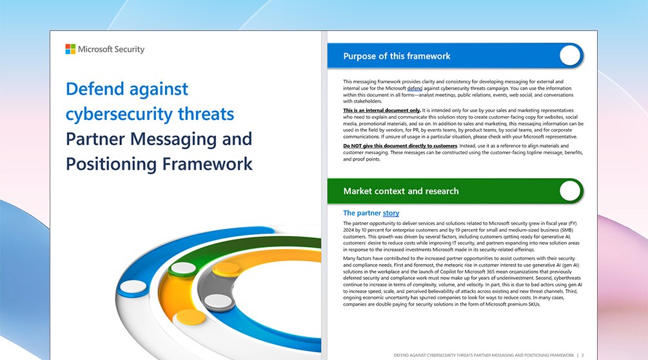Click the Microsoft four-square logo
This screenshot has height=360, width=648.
point(70,49)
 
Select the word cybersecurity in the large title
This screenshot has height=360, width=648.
point(119,114)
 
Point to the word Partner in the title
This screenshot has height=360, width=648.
point(95,139)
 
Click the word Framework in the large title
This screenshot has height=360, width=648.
point(207,164)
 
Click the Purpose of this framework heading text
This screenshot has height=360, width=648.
point(397,56)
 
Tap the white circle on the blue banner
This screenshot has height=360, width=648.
point(570,55)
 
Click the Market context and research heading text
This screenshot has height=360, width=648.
point(401,192)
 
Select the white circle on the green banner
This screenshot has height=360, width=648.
point(570,191)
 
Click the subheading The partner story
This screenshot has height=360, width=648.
point(371,213)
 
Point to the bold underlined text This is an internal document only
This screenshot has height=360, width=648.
point(382,110)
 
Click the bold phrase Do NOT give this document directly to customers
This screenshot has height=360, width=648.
point(400,146)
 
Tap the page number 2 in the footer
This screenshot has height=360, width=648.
point(583,355)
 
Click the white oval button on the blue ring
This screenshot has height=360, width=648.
point(133,286)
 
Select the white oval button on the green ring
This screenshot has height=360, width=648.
point(183,268)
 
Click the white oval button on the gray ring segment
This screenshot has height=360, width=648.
point(218,301)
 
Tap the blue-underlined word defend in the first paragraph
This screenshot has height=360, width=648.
point(415,88)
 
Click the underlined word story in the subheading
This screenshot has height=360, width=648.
point(391,214)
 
